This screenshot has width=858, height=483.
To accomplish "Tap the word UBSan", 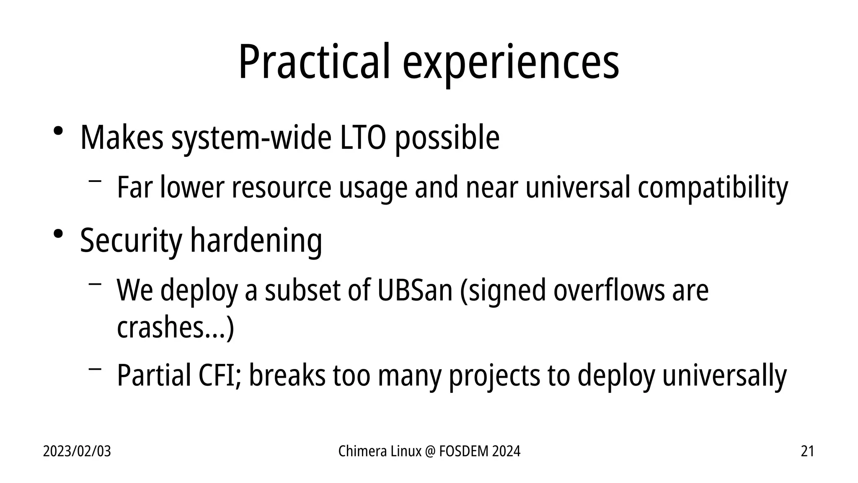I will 415,290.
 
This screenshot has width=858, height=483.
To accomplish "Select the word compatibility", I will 713,187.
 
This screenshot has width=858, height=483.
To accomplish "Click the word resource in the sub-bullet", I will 282,187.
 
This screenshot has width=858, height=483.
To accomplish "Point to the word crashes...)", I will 175,327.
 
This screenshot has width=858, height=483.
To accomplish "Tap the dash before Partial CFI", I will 95,369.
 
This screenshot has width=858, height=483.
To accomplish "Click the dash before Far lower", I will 95,181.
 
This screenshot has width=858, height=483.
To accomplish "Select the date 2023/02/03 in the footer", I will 77,452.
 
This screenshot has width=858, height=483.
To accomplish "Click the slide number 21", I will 807,452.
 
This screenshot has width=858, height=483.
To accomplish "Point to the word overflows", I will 609,290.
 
